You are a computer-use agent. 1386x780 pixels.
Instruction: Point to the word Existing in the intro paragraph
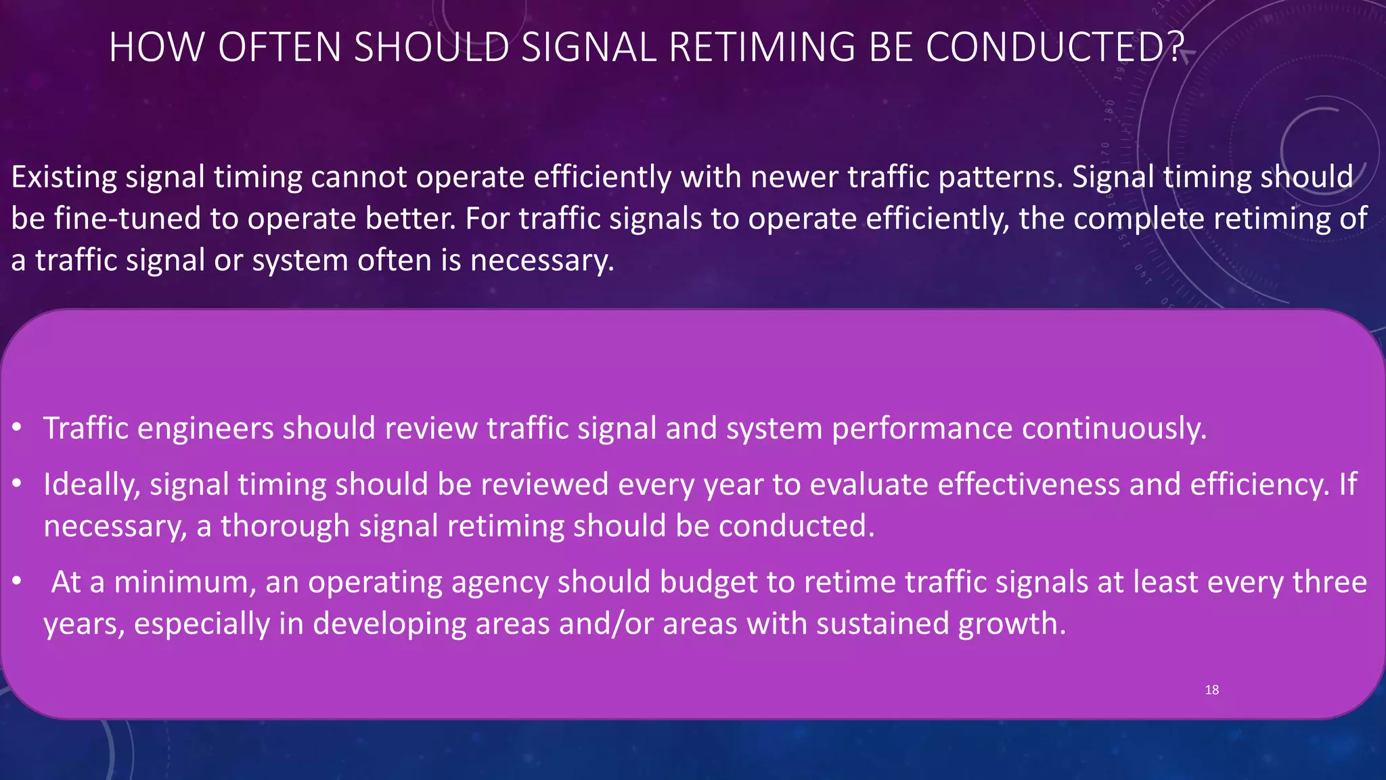click(x=64, y=177)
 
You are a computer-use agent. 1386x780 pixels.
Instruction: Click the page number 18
click(x=1211, y=690)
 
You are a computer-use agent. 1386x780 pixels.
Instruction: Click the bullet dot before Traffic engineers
click(x=17, y=428)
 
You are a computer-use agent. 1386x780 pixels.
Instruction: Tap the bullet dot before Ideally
click(x=17, y=484)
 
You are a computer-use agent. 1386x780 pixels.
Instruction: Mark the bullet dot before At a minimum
click(x=17, y=582)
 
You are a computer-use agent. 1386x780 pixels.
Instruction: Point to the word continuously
click(x=1114, y=429)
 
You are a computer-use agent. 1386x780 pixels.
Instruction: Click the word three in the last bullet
click(x=1329, y=582)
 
